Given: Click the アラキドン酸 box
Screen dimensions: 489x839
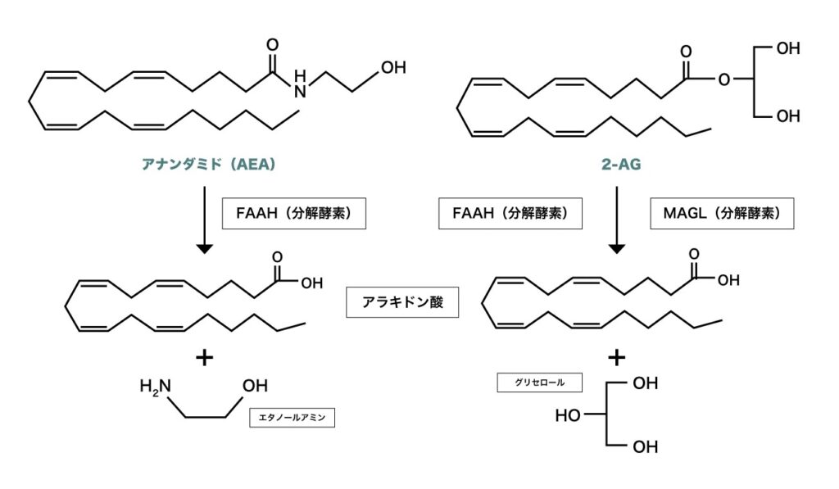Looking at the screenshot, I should (402, 301).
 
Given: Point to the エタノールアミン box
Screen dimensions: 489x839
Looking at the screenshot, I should (293, 416).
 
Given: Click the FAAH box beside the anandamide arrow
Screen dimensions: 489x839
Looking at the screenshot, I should (294, 215).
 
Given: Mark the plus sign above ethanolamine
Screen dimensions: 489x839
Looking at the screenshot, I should (205, 357).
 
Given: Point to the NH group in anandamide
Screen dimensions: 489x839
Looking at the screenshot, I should (300, 84).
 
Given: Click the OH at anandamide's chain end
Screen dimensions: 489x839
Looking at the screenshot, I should (393, 67).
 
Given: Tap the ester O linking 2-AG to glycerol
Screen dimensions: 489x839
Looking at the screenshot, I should (723, 80).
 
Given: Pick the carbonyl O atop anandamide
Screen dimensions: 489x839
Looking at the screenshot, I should (273, 44).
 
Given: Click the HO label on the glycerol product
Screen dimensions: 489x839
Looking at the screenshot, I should (569, 415).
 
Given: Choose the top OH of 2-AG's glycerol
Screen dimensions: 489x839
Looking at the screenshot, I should (787, 49).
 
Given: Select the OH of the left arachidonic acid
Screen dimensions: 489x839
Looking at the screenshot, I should (311, 283).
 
